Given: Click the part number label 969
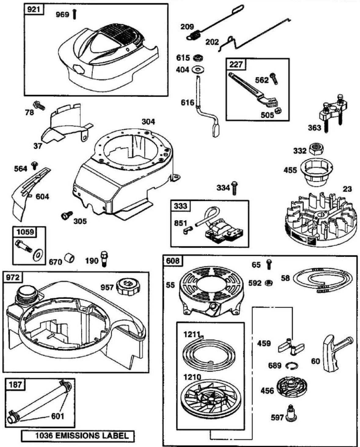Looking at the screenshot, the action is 62,15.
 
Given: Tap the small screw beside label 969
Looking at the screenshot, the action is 75,15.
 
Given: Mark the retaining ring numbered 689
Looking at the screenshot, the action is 292,366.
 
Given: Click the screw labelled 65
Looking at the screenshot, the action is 269,265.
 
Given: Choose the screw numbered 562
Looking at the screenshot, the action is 274,79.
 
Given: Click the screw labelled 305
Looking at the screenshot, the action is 67,215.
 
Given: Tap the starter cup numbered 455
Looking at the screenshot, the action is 316,172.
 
